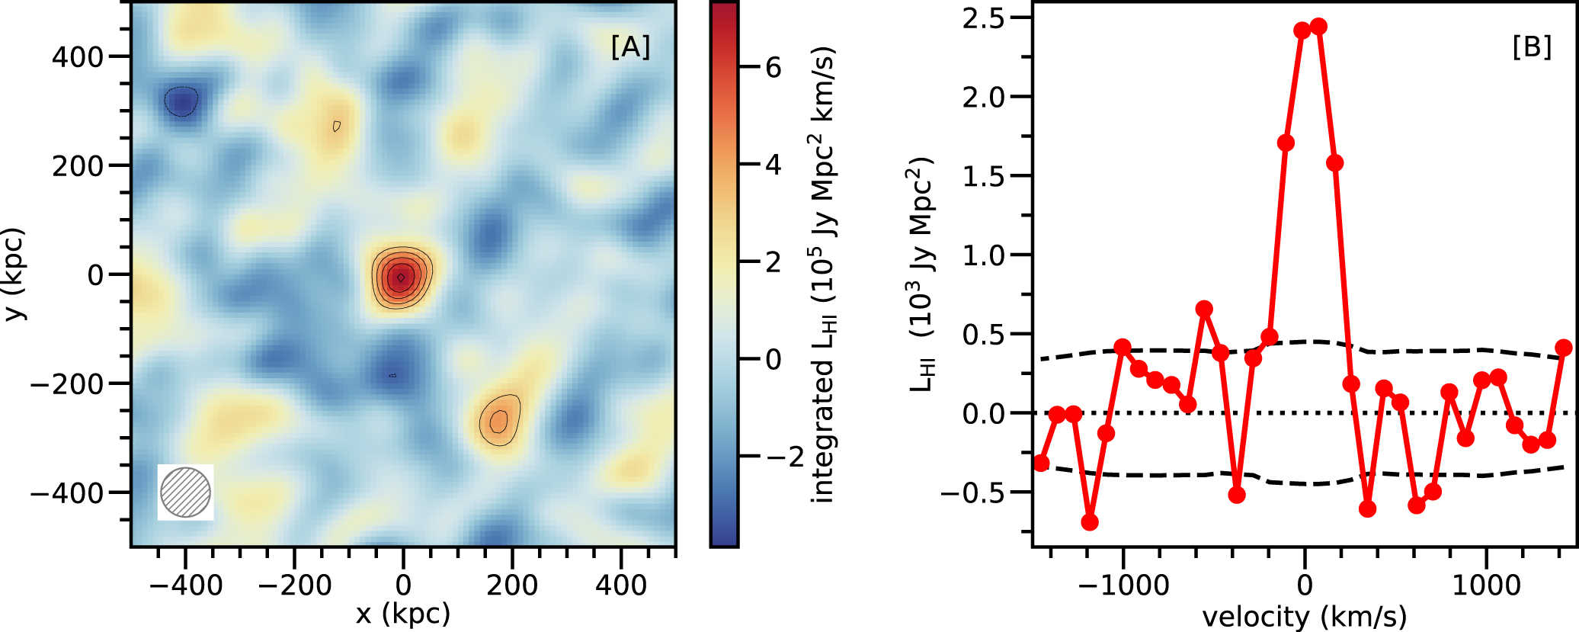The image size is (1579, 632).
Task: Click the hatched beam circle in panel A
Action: tap(185, 492)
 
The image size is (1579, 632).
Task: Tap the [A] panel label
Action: tap(630, 47)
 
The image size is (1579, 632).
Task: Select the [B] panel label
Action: tap(1532, 47)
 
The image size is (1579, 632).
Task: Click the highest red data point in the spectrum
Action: tap(1318, 27)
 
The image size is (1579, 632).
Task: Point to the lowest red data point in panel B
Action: tap(1090, 522)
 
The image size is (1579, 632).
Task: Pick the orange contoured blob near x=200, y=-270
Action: tap(499, 420)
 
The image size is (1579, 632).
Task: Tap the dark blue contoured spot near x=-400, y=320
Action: tap(181, 101)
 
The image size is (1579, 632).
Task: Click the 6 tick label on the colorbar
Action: tap(773, 68)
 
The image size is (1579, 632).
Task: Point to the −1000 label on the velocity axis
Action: tap(1124, 585)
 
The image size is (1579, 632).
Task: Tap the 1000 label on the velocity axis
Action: tap(1486, 585)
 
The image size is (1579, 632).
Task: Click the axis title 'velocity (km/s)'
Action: tap(1304, 616)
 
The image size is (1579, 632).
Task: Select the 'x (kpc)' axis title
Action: tap(403, 613)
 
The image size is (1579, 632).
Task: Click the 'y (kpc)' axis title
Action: tap(14, 274)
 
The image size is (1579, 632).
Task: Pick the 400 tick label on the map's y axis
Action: tap(77, 57)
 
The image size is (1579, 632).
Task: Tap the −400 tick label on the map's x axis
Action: tap(185, 585)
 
